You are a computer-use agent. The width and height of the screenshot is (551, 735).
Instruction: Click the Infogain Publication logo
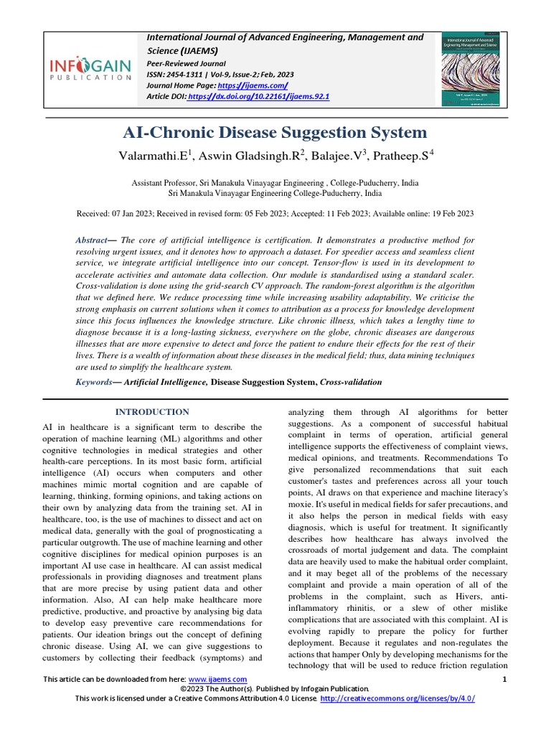pyautogui.click(x=90, y=70)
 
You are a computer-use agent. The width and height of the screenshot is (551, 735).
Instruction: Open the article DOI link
pyautogui.click(x=258, y=96)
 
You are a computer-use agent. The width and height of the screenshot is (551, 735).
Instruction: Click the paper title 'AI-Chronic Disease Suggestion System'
pyautogui.click(x=275, y=133)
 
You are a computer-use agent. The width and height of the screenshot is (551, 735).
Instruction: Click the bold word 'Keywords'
pyautogui.click(x=95, y=383)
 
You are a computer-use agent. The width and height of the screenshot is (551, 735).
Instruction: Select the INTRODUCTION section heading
pyautogui.click(x=153, y=412)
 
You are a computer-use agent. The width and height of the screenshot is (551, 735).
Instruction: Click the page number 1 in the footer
pyautogui.click(x=505, y=679)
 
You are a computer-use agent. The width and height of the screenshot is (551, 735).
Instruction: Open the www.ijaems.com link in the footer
pyautogui.click(x=217, y=679)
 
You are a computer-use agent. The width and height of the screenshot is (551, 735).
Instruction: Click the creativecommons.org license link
pyautogui.click(x=397, y=698)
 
